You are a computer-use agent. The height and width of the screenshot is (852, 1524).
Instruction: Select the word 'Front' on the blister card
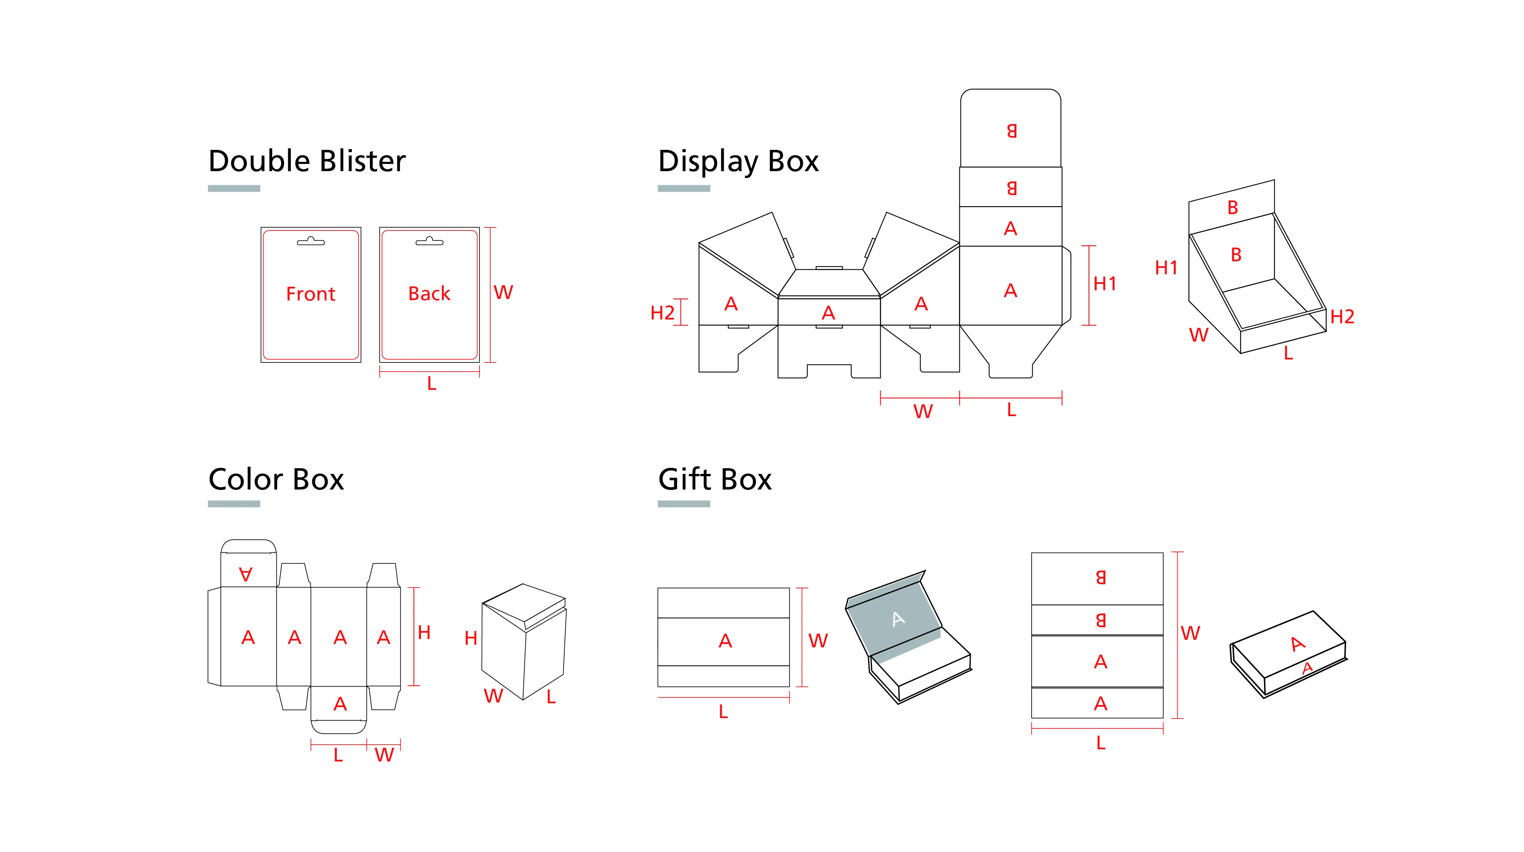click(311, 294)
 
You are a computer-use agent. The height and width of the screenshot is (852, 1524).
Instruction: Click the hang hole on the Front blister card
click(311, 242)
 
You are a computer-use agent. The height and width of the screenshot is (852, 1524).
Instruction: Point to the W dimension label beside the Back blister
click(503, 292)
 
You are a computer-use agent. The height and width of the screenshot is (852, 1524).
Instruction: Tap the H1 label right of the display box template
click(1105, 284)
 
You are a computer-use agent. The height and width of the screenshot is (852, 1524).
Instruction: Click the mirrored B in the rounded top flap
click(1011, 131)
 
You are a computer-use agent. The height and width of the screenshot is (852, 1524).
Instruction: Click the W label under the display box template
click(922, 411)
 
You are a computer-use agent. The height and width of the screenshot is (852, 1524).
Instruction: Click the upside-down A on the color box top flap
click(246, 573)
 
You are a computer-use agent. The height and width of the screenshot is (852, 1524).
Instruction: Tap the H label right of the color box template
click(424, 633)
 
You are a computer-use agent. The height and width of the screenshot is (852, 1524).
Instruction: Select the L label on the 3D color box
click(551, 697)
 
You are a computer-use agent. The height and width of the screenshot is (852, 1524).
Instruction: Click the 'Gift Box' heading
click(715, 479)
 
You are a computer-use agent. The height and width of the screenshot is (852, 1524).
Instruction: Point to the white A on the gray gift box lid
click(898, 619)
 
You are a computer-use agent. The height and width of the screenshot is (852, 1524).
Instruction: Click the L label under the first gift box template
click(723, 712)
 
